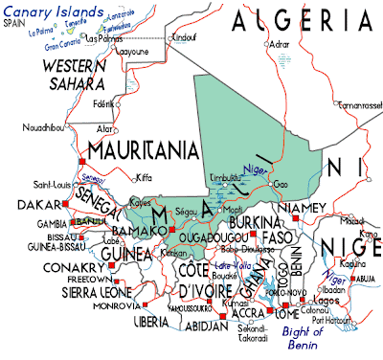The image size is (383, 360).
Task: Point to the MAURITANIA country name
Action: (142, 149)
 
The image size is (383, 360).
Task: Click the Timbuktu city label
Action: (228, 178)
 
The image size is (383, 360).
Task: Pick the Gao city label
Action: (280, 183)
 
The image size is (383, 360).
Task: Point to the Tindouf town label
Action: (181, 36)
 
